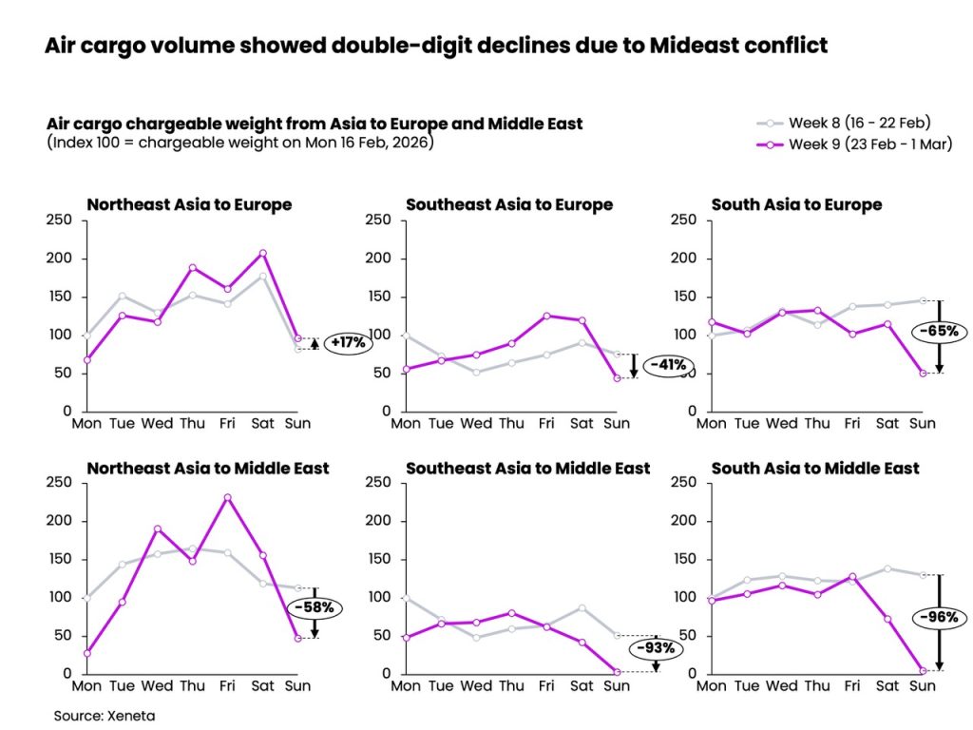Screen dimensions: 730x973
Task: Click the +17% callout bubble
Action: pyautogui.click(x=347, y=343)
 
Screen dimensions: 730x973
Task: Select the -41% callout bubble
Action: pyautogui.click(x=667, y=365)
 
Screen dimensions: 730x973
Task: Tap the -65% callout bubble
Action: pyautogui.click(x=939, y=332)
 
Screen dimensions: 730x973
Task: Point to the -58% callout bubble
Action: pyautogui.click(x=314, y=606)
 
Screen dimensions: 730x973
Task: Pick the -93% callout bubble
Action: pyautogui.click(x=657, y=648)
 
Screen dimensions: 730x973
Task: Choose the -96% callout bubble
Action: pyautogui.click(x=939, y=617)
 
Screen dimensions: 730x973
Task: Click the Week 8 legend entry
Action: pyautogui.click(x=843, y=123)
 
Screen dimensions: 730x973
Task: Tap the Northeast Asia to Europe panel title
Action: pyautogui.click(x=189, y=204)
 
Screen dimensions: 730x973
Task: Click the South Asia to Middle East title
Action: pyautogui.click(x=815, y=468)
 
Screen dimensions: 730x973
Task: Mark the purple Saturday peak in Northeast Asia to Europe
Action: pyautogui.click(x=262, y=253)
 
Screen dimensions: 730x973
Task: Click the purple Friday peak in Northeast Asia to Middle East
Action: pyautogui.click(x=227, y=497)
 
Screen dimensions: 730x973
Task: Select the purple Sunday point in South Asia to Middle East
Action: pyautogui.click(x=922, y=671)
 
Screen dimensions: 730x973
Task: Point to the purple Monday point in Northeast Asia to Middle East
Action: pyautogui.click(x=87, y=653)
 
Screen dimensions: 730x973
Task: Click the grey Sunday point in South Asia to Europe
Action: pyautogui.click(x=922, y=300)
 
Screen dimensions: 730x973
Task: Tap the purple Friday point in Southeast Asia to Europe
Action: pyautogui.click(x=546, y=316)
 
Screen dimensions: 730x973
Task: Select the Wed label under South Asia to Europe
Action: pyautogui.click(x=781, y=422)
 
